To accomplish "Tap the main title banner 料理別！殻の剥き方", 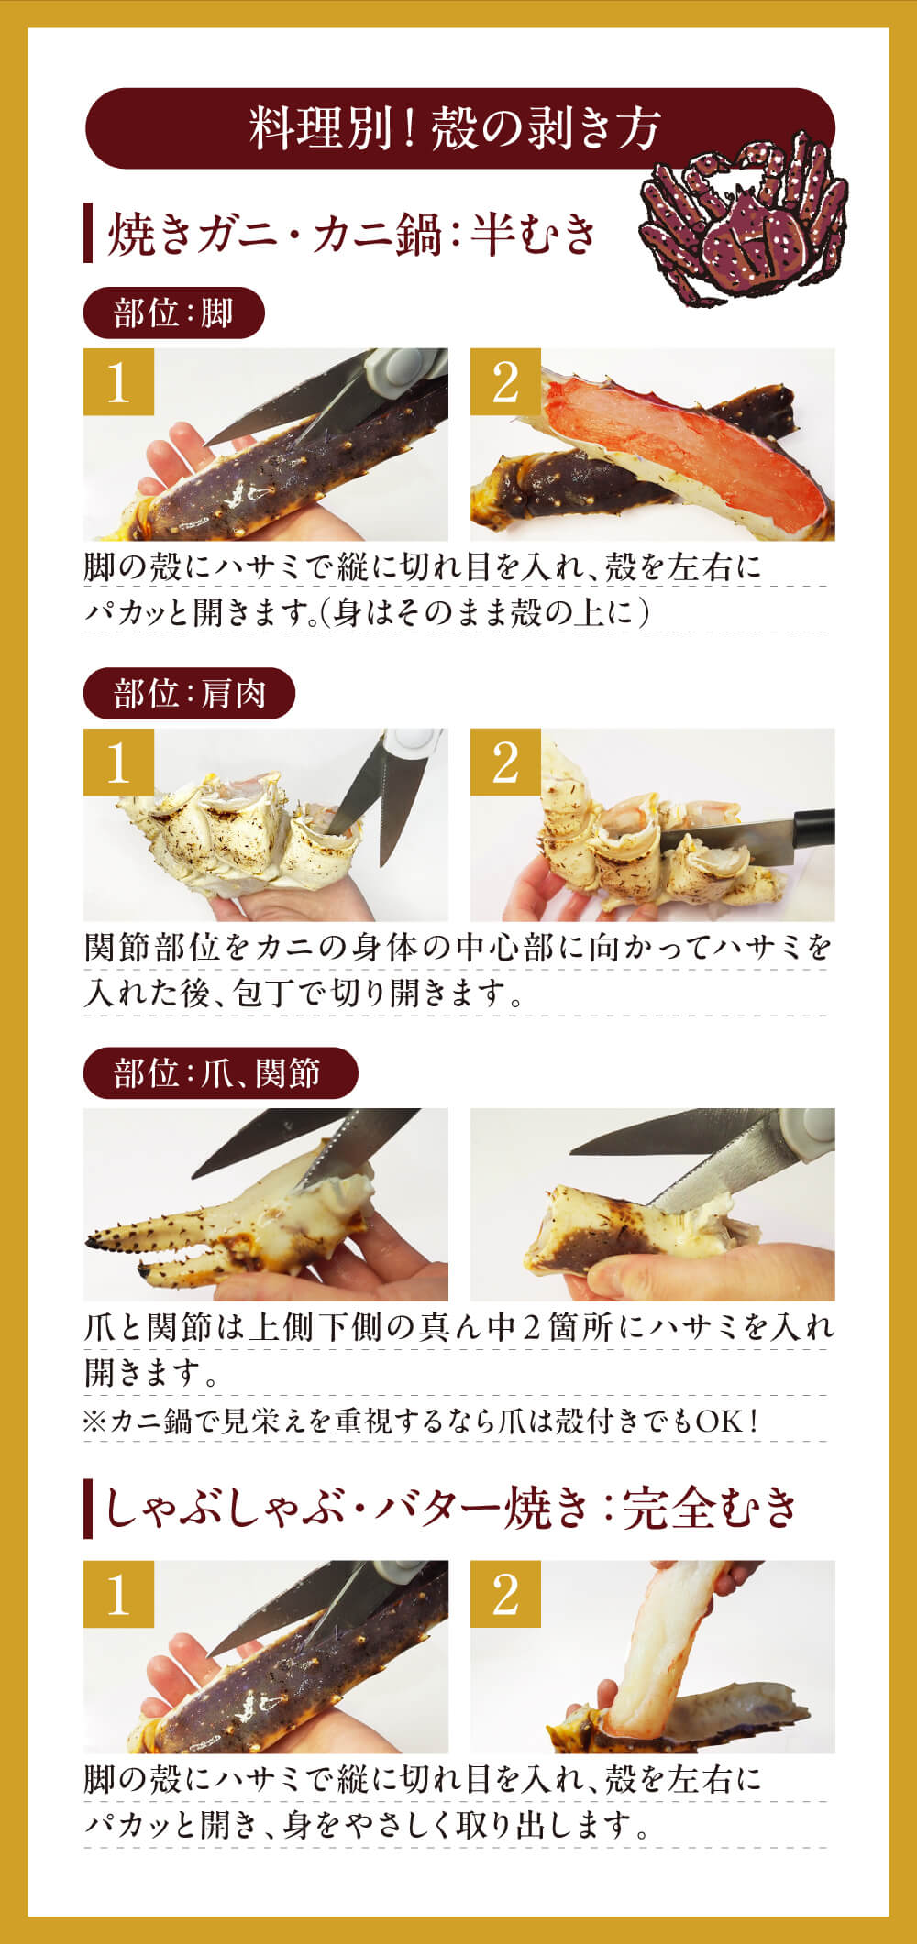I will (x=458, y=127).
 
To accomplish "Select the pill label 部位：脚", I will (x=173, y=313).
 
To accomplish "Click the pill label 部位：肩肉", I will (x=189, y=694).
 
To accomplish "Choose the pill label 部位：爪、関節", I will (x=219, y=1073).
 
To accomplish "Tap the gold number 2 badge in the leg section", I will (x=505, y=382).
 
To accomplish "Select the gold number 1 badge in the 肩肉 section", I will (x=118, y=763).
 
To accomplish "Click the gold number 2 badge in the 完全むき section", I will (x=505, y=1596).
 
